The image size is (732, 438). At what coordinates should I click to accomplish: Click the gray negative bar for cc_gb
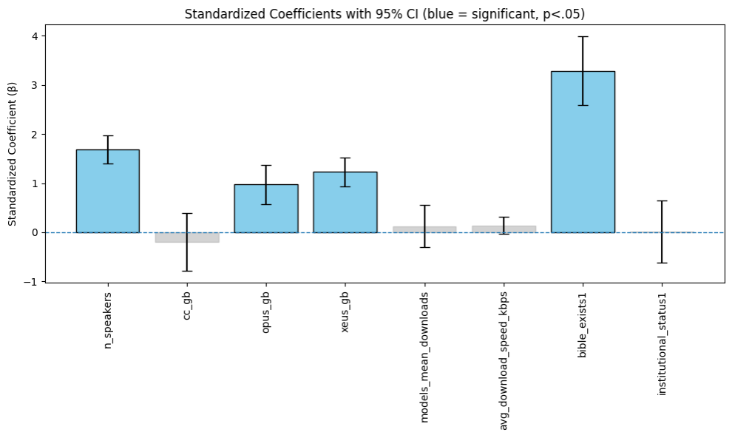coord(187,237)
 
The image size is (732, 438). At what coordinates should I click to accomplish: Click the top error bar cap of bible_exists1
coord(583,36)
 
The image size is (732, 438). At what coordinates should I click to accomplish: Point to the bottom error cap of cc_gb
coord(187,271)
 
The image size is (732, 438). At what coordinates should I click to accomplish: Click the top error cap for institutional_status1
coord(662,201)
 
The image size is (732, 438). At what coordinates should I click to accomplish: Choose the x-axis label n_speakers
coord(108,321)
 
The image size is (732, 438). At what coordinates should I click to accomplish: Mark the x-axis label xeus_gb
coord(345,314)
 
